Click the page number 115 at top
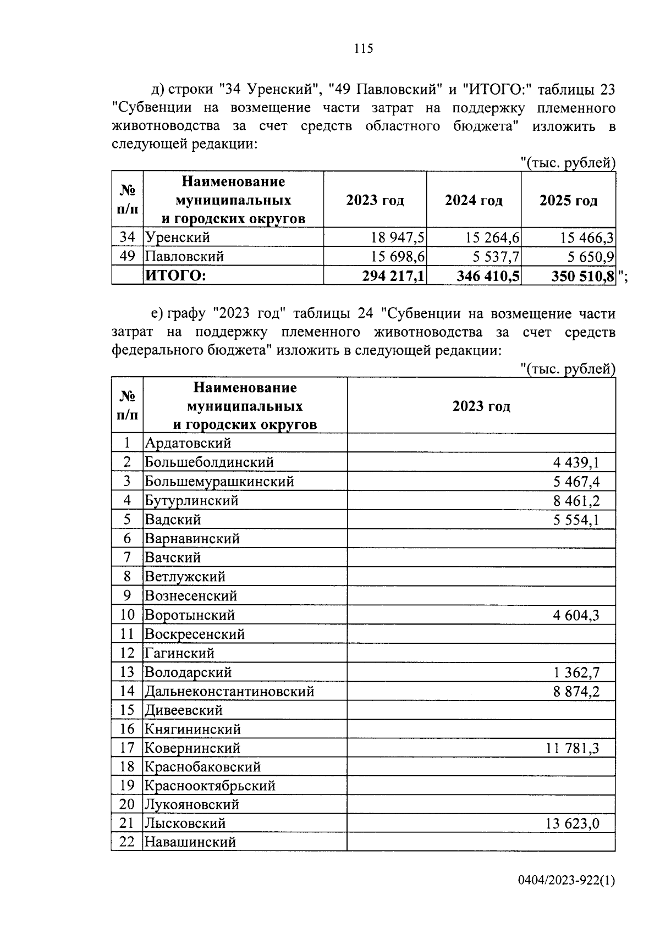tap(364, 48)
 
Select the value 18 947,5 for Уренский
tap(398, 238)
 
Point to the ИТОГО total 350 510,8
tap(583, 275)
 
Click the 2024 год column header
tap(474, 200)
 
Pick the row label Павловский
tap(184, 257)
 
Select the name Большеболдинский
tap(209, 462)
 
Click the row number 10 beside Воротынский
tap(127, 615)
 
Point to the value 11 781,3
tap(573, 748)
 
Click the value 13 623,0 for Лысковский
tap(573, 824)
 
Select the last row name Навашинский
tap(190, 842)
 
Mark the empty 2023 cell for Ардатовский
tap(481, 443)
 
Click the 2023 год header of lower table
tap(481, 406)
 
